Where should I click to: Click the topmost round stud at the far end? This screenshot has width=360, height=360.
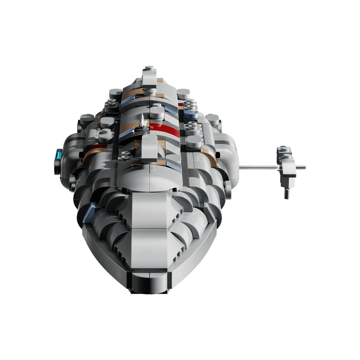pos(149,68)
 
